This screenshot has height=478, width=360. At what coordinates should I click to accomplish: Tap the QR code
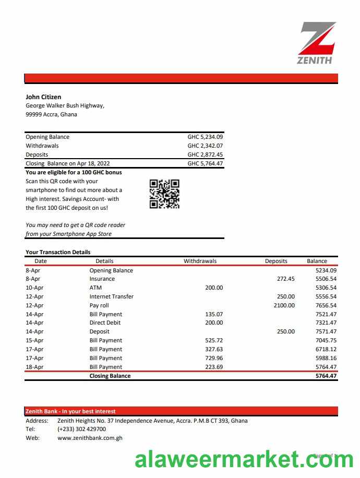(x=164, y=194)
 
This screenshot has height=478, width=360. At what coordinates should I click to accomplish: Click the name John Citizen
(x=43, y=97)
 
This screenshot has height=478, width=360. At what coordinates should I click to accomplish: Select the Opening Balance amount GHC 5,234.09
(x=205, y=137)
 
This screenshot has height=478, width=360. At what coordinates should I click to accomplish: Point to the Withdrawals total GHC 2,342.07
(x=205, y=146)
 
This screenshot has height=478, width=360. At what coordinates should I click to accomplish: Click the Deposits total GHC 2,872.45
(x=205, y=155)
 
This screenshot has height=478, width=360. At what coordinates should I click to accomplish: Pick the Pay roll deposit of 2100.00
(x=284, y=305)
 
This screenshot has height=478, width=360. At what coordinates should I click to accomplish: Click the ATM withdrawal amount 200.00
(x=213, y=288)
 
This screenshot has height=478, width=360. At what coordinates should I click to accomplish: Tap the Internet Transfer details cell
(x=111, y=296)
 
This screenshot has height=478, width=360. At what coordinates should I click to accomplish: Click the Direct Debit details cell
(x=105, y=323)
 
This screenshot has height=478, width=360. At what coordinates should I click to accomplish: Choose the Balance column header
(x=317, y=261)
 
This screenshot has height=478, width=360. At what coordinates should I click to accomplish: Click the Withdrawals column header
(x=200, y=261)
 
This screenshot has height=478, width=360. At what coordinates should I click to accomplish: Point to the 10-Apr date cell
(x=34, y=288)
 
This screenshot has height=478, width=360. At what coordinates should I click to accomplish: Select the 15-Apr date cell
(x=34, y=340)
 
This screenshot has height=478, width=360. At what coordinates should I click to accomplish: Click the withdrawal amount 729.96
(x=213, y=358)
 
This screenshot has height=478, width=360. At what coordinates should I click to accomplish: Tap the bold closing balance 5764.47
(x=326, y=376)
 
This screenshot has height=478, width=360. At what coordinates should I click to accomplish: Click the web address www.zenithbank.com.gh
(x=90, y=438)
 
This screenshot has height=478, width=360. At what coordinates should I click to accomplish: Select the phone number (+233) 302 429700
(x=81, y=429)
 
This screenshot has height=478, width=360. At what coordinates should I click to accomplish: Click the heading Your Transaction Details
(x=58, y=252)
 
